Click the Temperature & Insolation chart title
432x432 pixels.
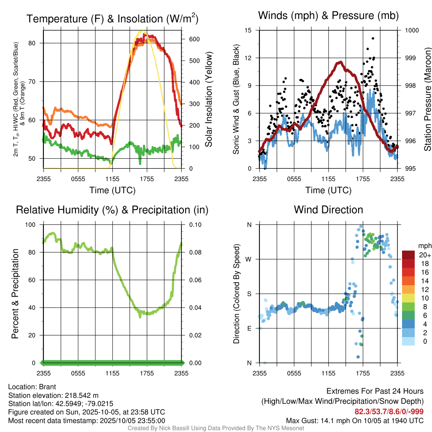pyautogui.click(x=112, y=19)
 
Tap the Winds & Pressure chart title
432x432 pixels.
pyautogui.click(x=328, y=16)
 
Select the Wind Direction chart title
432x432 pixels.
pyautogui.click(x=328, y=210)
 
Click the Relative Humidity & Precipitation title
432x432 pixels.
pyautogui.click(x=112, y=210)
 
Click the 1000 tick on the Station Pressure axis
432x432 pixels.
pyautogui.click(x=411, y=30)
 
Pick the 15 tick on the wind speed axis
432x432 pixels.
pyautogui.click(x=248, y=30)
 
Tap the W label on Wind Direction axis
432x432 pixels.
pyautogui.click(x=249, y=259)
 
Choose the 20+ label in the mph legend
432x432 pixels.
pyautogui.click(x=425, y=255)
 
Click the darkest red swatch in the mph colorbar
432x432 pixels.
pyautogui.click(x=408, y=255)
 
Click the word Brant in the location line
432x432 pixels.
pyautogui.click(x=48, y=386)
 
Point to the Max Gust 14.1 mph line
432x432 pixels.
pyautogui.click(x=354, y=420)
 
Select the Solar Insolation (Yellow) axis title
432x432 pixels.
pyautogui.click(x=208, y=100)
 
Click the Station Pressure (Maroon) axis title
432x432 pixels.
pyautogui.click(x=427, y=100)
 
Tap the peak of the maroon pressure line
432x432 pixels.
pyautogui.click(x=340, y=62)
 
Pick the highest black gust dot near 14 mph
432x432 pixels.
pyautogui.click(x=373, y=38)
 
